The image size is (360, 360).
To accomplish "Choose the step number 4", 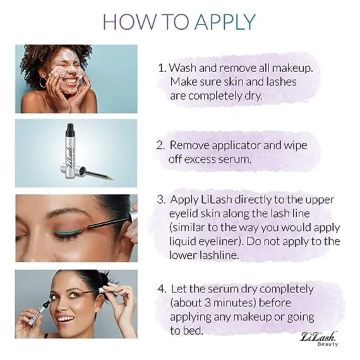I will pyautogui.click(x=161, y=289).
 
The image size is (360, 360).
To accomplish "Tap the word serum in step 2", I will pyautogui.click(x=233, y=159).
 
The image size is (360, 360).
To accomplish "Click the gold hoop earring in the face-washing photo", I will pyautogui.click(x=44, y=83).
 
